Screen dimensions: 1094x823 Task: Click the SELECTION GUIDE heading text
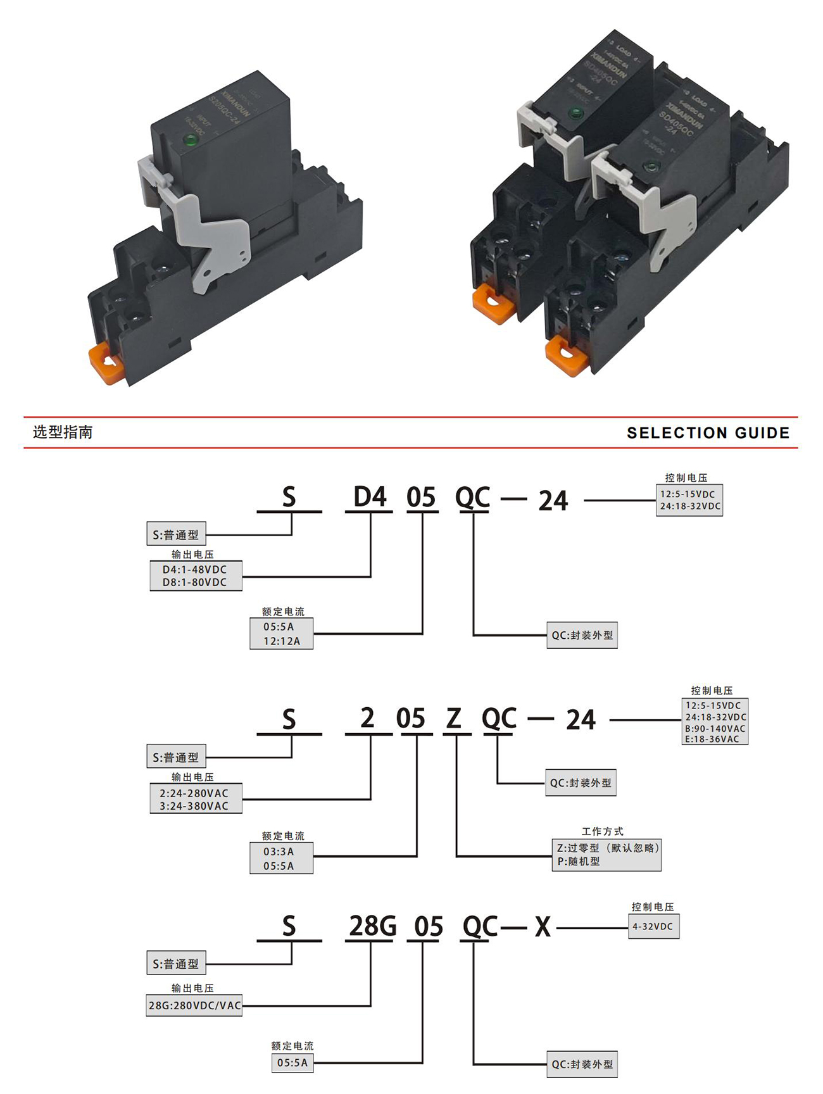tap(708, 433)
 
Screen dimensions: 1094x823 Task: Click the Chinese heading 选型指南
tap(63, 432)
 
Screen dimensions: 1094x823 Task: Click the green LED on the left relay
tap(189, 141)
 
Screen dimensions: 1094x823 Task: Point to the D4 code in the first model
tap(370, 497)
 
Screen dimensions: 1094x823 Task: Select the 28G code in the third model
tap(372, 926)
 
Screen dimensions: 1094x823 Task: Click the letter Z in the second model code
tap(454, 719)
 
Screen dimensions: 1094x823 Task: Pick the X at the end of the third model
tap(543, 927)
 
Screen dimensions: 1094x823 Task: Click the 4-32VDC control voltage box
tap(653, 926)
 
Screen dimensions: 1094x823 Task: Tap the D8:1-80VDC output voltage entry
tap(195, 582)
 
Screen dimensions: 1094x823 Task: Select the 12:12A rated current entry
tap(282, 641)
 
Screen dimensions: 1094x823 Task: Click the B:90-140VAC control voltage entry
tap(715, 729)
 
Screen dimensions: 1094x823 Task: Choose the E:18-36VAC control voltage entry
tap(712, 739)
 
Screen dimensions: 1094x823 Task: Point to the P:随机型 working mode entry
tap(579, 862)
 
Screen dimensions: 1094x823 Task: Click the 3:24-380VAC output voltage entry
tap(194, 806)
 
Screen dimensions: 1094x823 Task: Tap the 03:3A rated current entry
tap(279, 852)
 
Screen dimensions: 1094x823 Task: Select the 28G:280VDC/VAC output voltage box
tap(194, 1005)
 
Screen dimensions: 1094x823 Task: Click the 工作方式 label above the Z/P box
tap(603, 831)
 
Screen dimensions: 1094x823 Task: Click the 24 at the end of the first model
tap(553, 501)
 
